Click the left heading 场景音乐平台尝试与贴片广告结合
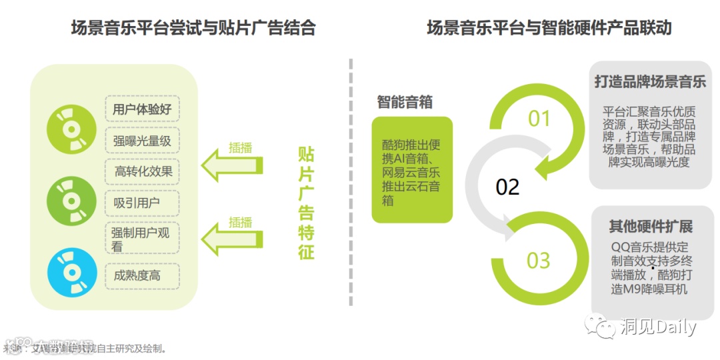(x=193, y=28)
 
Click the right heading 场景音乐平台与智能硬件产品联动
(x=549, y=28)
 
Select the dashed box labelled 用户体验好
(x=142, y=109)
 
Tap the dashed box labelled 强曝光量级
(x=142, y=141)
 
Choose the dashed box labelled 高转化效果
(x=142, y=172)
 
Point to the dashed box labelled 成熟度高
(x=142, y=275)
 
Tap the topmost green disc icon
(x=69, y=127)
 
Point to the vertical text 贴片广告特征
(x=305, y=203)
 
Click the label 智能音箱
(x=405, y=102)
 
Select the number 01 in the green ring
(x=539, y=119)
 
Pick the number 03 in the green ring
(x=539, y=260)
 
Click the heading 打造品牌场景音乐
(x=649, y=82)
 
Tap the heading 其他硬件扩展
(x=651, y=226)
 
